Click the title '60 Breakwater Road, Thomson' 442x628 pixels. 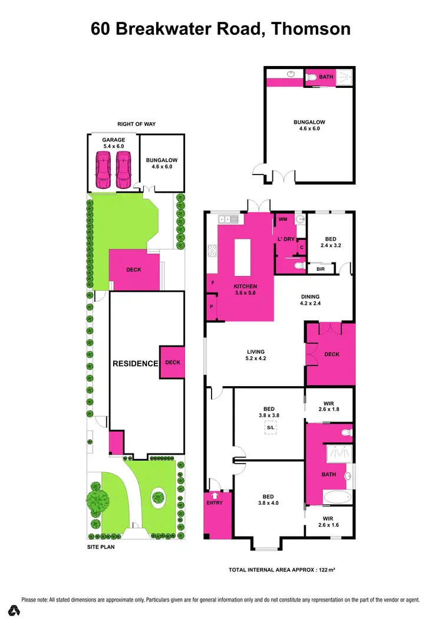(221, 28)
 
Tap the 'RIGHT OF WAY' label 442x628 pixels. (136, 124)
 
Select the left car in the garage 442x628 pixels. (103, 169)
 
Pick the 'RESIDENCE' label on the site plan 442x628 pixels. (136, 363)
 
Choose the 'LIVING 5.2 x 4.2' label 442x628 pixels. (256, 355)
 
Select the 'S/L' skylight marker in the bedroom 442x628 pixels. (271, 428)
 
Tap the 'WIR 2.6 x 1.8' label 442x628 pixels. (328, 406)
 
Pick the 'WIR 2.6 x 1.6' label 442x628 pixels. (328, 522)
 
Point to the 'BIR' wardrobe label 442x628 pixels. (321, 269)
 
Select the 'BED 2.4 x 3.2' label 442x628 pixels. (331, 242)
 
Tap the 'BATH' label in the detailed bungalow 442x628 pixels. (326, 77)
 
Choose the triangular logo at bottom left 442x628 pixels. (14, 611)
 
